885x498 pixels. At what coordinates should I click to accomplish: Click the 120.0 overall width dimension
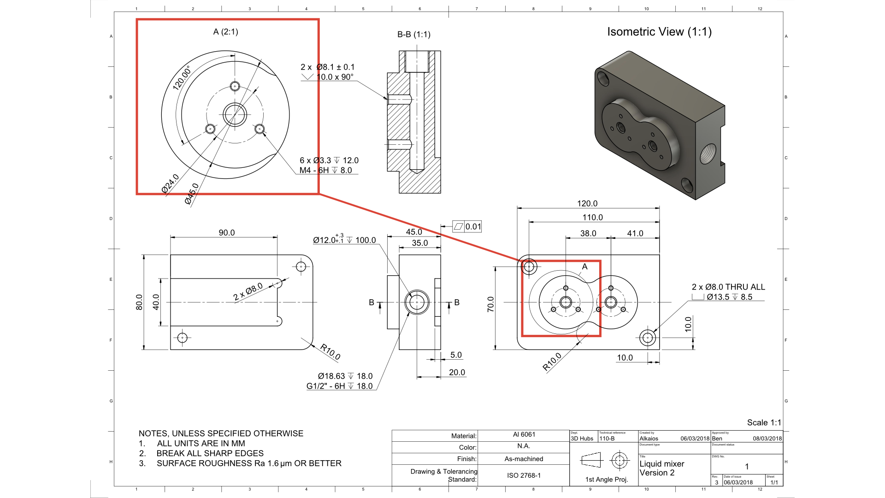(x=587, y=203)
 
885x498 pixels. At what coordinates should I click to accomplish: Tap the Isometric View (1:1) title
(x=659, y=32)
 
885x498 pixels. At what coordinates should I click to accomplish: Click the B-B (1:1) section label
(x=413, y=35)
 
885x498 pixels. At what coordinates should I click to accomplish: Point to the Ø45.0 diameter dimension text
(x=192, y=193)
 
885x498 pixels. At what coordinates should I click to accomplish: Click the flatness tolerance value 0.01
(x=473, y=226)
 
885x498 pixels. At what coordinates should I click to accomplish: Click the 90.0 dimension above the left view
(x=226, y=233)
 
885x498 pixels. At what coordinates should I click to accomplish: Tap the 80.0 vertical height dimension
(x=139, y=302)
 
